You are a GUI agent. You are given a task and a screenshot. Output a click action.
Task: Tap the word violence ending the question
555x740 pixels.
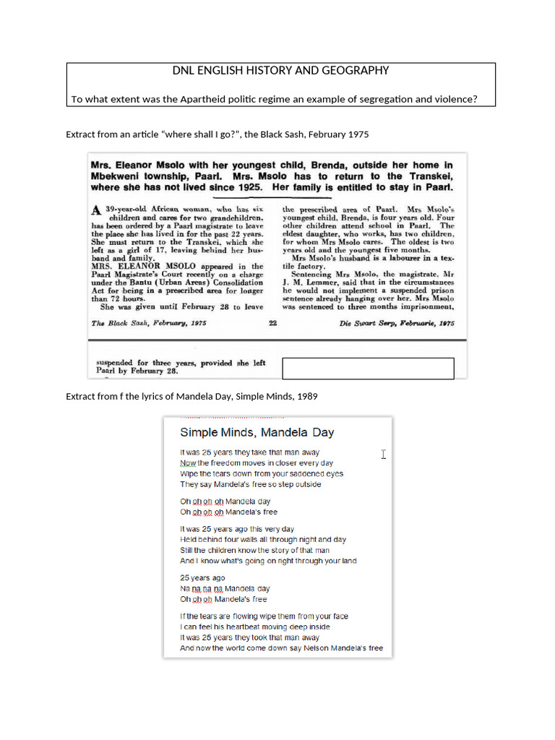pos(455,99)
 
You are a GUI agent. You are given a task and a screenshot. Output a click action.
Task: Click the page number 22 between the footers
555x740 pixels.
pos(273,323)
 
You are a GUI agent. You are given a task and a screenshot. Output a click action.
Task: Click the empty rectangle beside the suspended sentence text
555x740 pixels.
pos(368,368)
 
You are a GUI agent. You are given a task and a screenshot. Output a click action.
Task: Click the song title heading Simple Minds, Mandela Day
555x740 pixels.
pos(257,433)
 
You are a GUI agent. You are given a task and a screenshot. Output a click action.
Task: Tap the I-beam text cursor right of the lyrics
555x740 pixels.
pos(384,454)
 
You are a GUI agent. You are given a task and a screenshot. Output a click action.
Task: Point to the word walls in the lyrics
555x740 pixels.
pos(254,539)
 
